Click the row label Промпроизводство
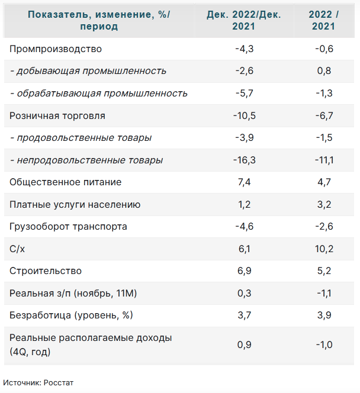(56, 49)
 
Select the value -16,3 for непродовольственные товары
(244, 160)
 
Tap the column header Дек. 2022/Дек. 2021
(244, 20)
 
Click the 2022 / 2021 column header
(324, 20)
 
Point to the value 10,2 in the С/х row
(324, 249)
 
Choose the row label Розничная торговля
(57, 116)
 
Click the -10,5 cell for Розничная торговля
(244, 116)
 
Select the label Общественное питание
(66, 182)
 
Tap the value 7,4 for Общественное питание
(244, 182)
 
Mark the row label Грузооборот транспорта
(69, 227)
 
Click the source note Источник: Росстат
(38, 382)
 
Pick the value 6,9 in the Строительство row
(244, 271)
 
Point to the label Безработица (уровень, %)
(70, 315)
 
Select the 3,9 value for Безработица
(324, 315)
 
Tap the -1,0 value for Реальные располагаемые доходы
(324, 345)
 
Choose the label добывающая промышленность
(88, 71)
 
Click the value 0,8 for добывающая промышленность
(324, 71)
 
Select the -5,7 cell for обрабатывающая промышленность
(244, 94)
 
